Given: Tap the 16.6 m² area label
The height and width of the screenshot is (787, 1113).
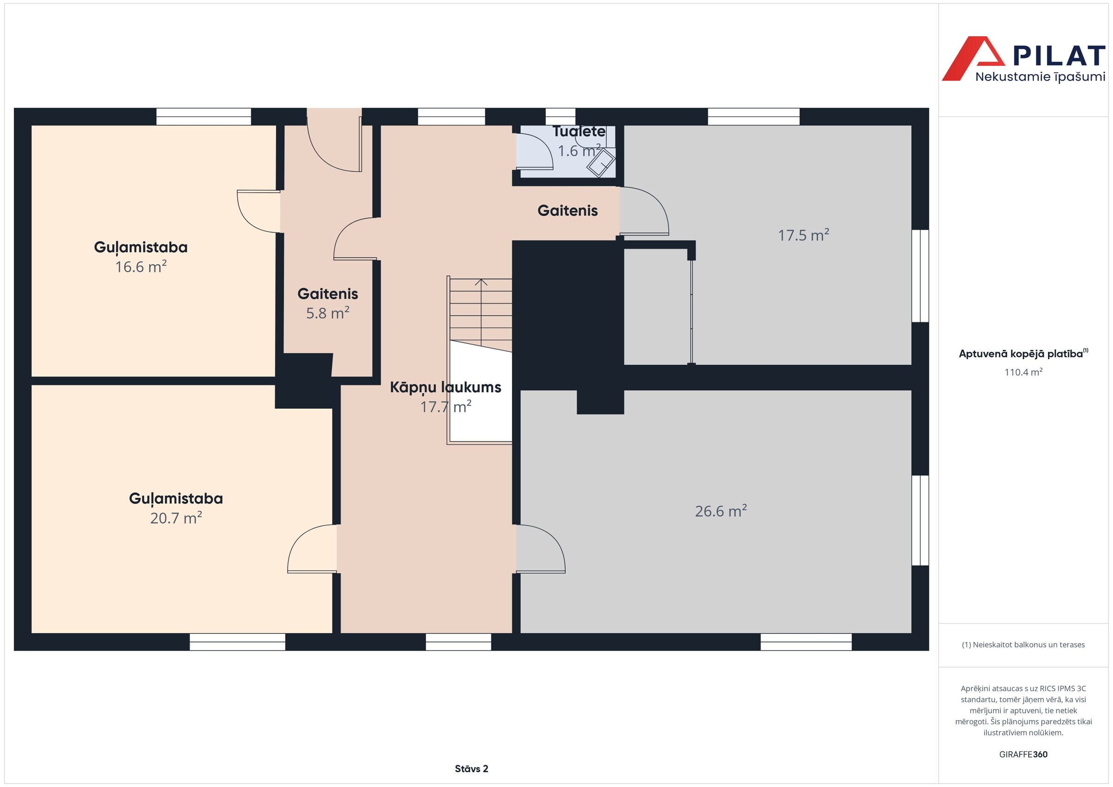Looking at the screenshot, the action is pyautogui.click(x=141, y=267).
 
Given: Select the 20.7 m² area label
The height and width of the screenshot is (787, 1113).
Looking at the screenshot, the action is pyautogui.click(x=176, y=518).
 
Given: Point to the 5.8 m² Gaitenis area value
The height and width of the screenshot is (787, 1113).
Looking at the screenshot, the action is pyautogui.click(x=328, y=313).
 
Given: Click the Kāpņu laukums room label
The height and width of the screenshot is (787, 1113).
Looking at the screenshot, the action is pyautogui.click(x=446, y=387).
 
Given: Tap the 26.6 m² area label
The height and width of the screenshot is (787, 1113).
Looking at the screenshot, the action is pyautogui.click(x=721, y=511).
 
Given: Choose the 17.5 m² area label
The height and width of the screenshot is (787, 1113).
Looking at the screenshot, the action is pyautogui.click(x=803, y=235).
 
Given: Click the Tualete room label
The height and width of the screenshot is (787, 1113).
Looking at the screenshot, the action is pyautogui.click(x=579, y=131).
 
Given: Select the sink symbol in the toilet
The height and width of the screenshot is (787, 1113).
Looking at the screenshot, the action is pyautogui.click(x=601, y=163).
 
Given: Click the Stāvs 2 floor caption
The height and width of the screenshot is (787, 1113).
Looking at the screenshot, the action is pyautogui.click(x=471, y=768).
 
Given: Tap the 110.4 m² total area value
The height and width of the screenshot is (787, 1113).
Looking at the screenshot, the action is pyautogui.click(x=1023, y=372).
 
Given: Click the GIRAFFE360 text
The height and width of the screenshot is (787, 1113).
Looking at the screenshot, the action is pyautogui.click(x=1023, y=754).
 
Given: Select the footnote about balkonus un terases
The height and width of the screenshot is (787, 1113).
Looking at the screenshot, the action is pyautogui.click(x=1023, y=645).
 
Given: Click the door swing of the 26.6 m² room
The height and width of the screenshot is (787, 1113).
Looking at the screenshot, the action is pyautogui.click(x=541, y=549).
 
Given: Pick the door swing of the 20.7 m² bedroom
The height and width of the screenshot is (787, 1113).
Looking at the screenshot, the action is pyautogui.click(x=312, y=549).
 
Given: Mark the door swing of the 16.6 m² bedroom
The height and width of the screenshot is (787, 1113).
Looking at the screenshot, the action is pyautogui.click(x=258, y=211).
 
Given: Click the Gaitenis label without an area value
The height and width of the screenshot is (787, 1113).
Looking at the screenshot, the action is pyautogui.click(x=567, y=211).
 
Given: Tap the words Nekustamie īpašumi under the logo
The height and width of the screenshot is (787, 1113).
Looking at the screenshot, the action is pyautogui.click(x=1040, y=76).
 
